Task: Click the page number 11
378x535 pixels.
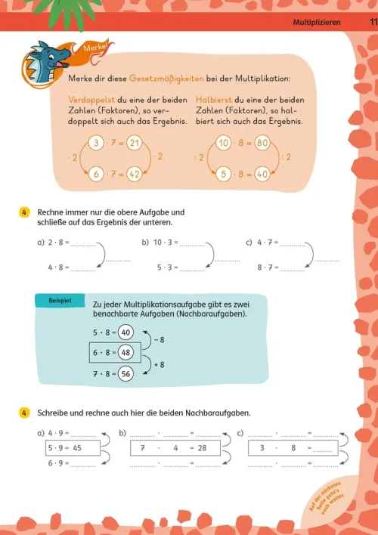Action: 373,22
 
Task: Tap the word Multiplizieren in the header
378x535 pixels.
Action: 317,23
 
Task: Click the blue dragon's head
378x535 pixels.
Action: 47,58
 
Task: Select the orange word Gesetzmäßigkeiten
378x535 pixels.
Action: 166,79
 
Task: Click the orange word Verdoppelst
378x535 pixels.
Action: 91,100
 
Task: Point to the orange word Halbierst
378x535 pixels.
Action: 214,100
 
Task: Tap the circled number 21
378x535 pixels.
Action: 135,143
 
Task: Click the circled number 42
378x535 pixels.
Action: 135,175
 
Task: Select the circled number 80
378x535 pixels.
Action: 262,143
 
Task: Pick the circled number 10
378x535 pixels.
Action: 224,143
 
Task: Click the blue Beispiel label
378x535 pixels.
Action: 60,301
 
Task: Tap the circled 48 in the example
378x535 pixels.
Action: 125,352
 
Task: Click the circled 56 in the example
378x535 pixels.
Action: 125,374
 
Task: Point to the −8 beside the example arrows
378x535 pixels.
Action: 160,340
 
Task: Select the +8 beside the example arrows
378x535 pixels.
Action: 159,365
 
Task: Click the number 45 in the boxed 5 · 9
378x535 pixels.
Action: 77,448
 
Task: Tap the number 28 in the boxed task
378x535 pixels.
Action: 202,448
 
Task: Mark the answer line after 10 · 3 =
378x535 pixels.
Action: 192,246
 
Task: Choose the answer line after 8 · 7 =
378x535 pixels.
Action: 293,271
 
